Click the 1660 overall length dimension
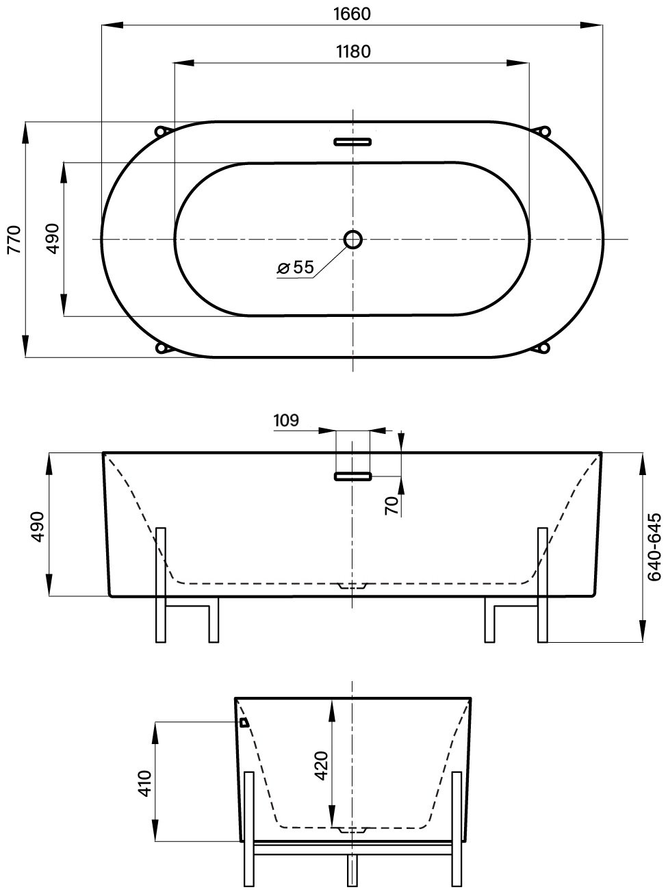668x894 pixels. point(352,14)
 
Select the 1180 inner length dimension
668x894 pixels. point(353,52)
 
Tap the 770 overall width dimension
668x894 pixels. point(14,240)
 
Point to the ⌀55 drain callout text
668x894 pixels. point(296,267)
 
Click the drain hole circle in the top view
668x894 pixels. point(353,240)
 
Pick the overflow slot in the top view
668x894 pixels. point(352,142)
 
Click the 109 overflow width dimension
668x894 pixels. point(286,420)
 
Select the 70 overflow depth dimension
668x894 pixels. point(391,506)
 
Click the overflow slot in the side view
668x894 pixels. point(352,476)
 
